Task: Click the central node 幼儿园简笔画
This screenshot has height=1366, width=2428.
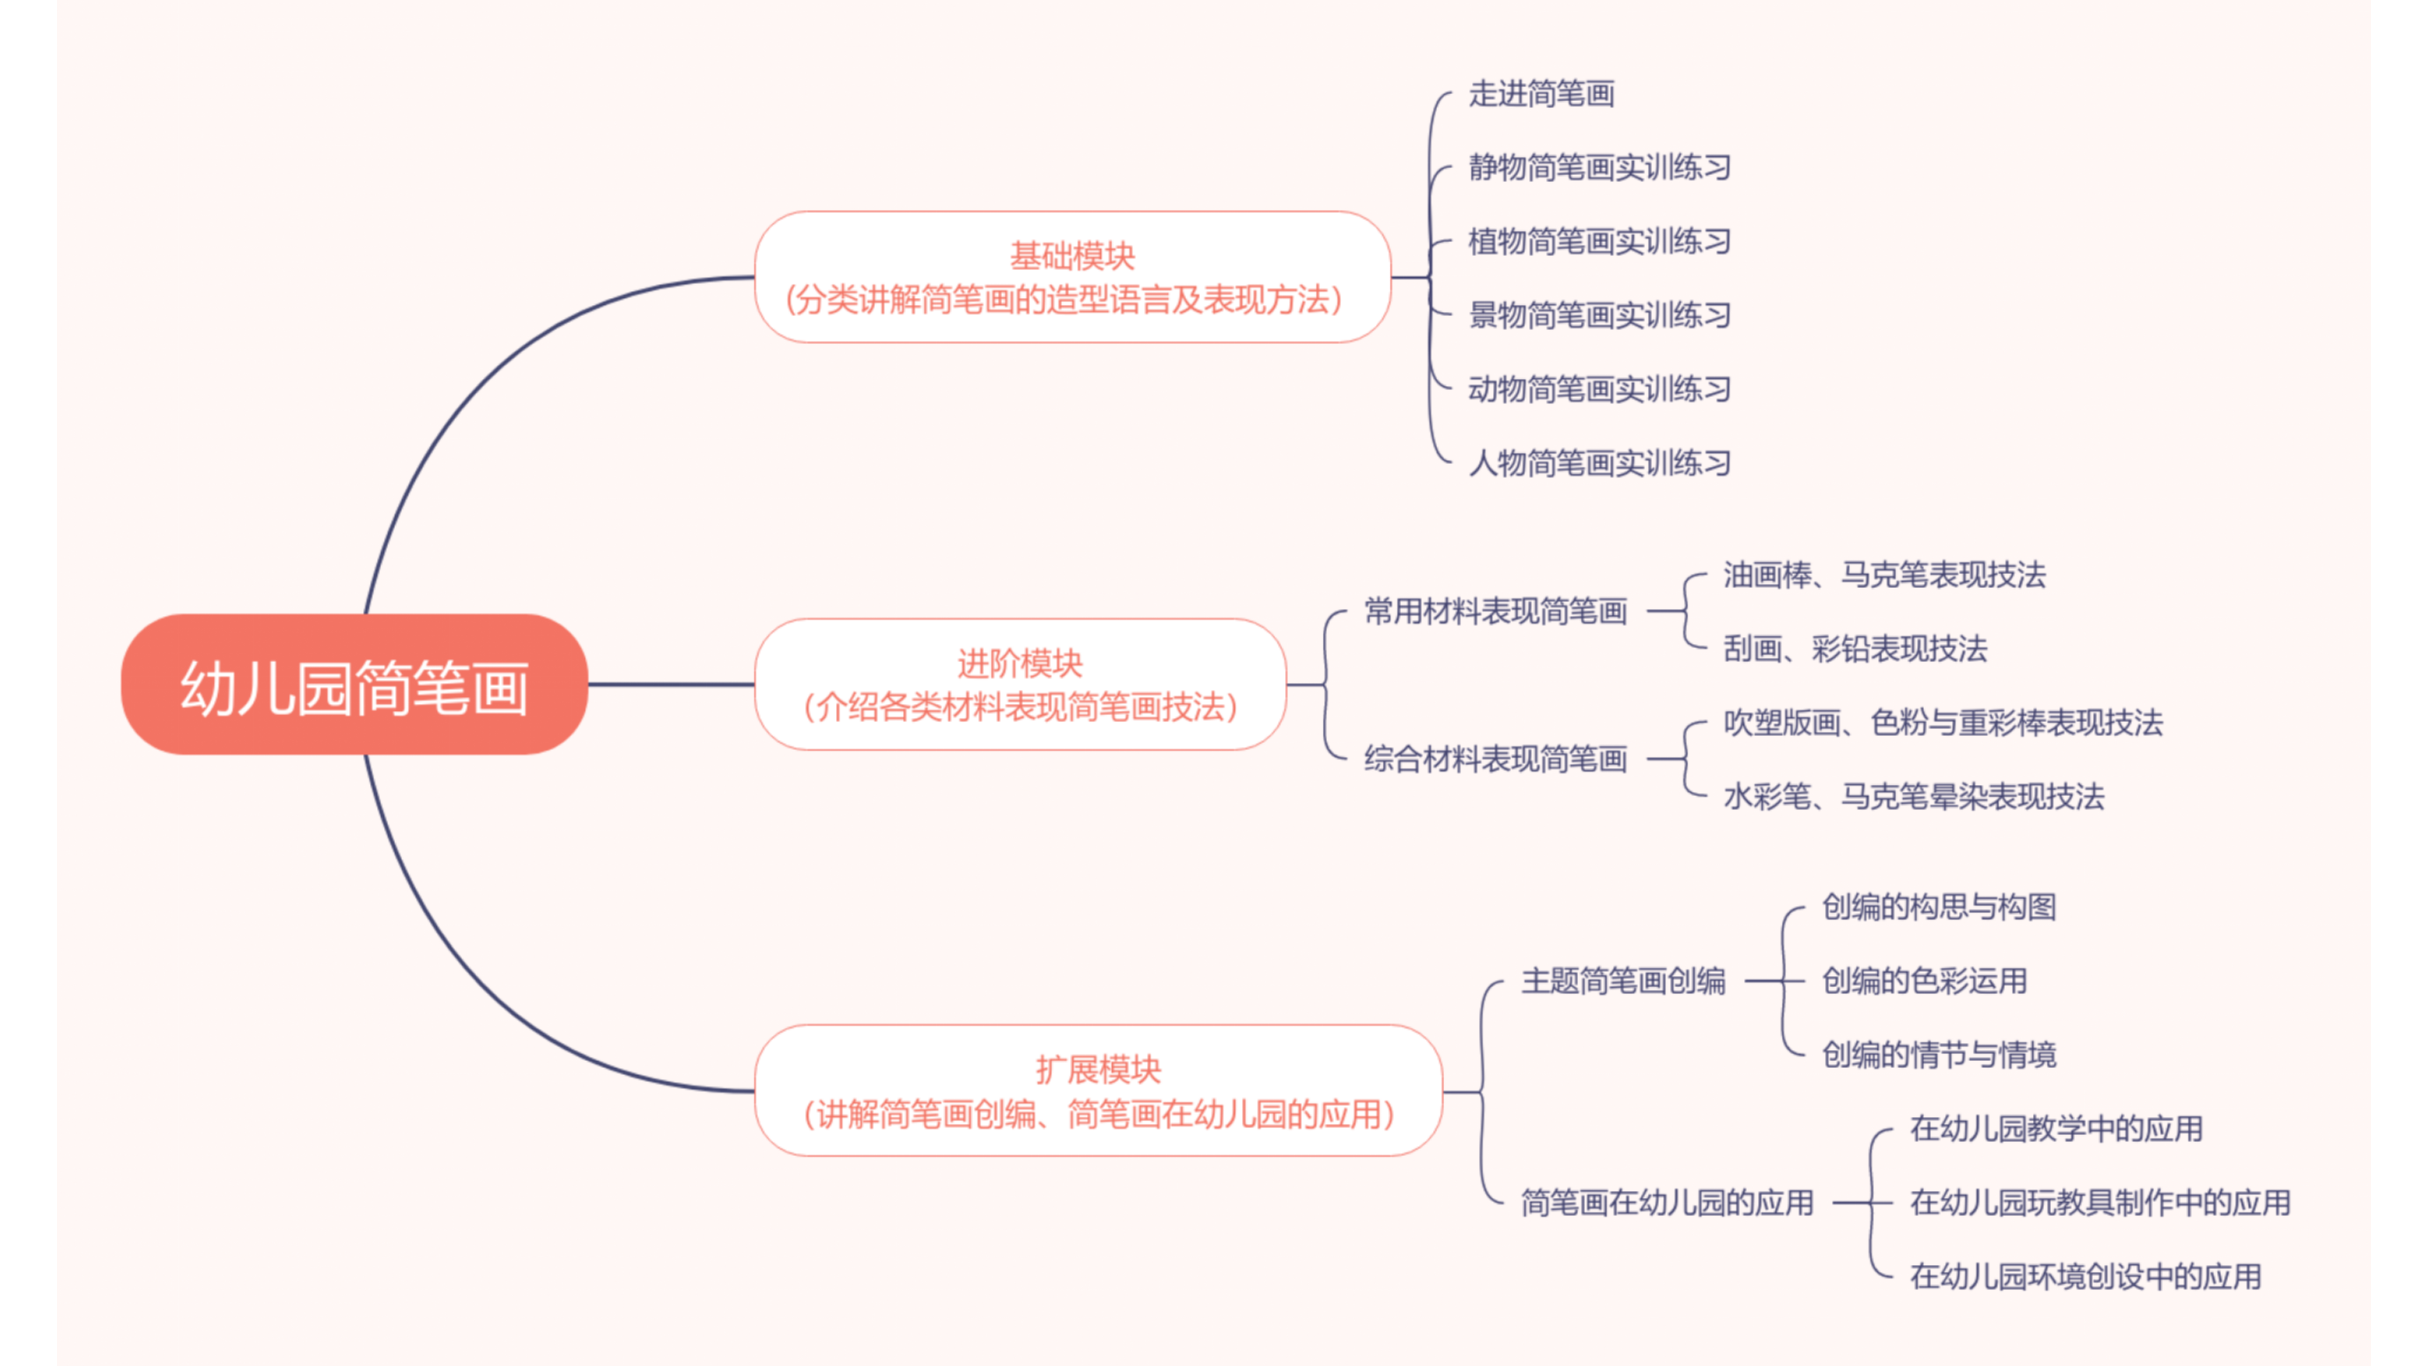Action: pos(354,686)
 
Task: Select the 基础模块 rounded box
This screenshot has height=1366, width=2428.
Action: pos(1072,277)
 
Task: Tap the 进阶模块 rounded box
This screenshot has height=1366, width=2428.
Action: pos(1020,684)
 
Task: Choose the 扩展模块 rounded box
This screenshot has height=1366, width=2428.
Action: pos(1098,1091)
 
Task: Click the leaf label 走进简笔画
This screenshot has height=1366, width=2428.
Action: pos(1541,94)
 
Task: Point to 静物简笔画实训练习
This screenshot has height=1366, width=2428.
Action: pos(1600,168)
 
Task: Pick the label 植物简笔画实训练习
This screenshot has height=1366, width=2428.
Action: pos(1600,242)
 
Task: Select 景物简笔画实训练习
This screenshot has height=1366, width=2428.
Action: pos(1600,315)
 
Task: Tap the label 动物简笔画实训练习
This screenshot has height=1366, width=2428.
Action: pos(1600,388)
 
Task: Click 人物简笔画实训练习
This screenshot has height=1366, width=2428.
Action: pos(1600,463)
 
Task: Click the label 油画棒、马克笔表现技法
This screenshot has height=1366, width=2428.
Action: pos(1884,575)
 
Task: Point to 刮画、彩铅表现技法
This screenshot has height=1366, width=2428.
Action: pos(1855,649)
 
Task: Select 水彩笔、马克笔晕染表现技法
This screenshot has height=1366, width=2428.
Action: pos(1913,797)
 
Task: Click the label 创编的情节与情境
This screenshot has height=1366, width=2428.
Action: pos(1939,1054)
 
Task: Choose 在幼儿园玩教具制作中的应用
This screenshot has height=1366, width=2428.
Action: pos(2100,1202)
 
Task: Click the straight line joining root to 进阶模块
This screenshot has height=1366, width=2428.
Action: pos(671,684)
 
